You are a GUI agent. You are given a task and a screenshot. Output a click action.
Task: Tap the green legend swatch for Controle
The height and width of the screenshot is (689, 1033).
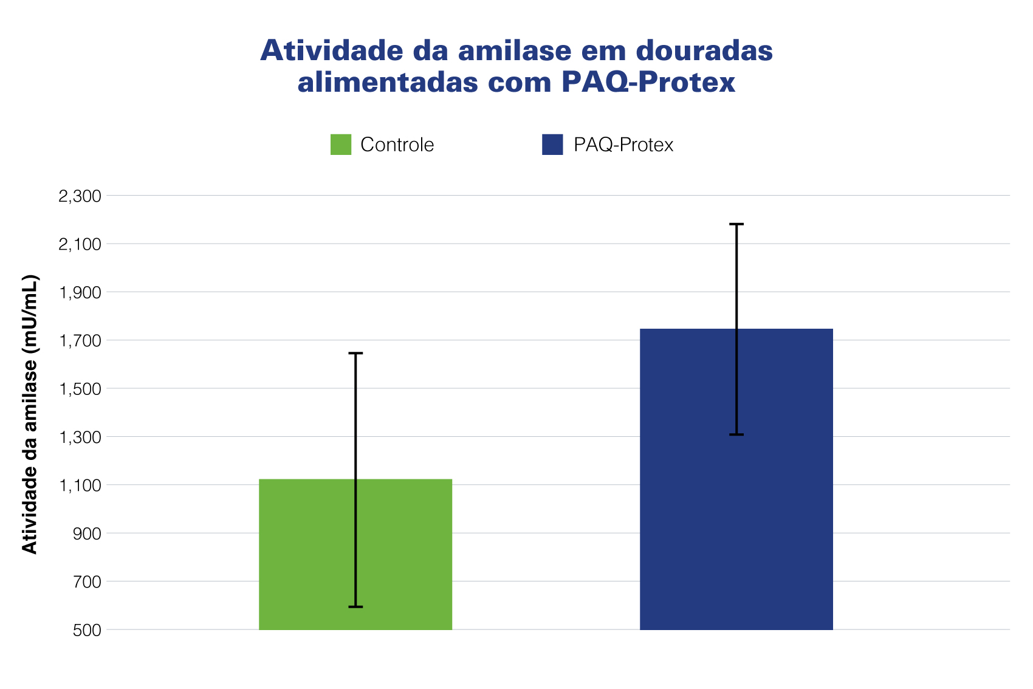coord(340,145)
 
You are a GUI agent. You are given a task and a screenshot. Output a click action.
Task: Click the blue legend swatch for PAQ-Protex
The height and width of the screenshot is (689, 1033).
coord(552,145)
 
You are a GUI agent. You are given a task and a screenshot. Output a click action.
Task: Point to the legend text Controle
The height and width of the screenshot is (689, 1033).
coord(397,145)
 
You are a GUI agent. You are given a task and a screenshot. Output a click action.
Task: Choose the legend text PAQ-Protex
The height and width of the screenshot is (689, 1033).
coord(623,145)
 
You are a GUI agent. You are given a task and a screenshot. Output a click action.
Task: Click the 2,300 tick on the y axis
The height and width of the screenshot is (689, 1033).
coord(79,196)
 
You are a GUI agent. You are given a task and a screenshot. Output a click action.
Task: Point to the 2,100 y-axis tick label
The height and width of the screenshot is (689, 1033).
coord(79,244)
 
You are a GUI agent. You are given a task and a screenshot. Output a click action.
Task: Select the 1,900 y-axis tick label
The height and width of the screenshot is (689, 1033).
coord(79,292)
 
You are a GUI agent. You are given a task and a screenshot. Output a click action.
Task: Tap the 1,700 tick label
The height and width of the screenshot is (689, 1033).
coord(79,340)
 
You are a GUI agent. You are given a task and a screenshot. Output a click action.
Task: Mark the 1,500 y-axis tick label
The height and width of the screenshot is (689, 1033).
coord(79,389)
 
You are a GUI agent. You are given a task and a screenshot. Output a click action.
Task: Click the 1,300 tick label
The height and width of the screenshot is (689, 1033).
coord(79,437)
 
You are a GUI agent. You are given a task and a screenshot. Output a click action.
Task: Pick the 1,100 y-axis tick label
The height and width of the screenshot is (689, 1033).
coord(79,485)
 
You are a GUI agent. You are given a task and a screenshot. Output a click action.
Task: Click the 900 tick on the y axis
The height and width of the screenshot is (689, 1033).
coord(87,533)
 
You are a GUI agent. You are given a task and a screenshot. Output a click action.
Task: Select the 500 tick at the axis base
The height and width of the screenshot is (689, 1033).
coord(87,630)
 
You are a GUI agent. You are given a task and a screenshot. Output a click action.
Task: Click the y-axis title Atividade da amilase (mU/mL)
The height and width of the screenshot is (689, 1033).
coord(30,414)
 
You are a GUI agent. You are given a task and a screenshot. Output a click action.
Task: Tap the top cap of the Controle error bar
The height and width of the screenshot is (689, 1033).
coord(355,353)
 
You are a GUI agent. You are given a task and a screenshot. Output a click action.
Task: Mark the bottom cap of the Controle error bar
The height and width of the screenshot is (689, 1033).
coord(355,606)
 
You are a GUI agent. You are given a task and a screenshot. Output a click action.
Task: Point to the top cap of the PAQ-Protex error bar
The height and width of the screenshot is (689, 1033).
coord(736,224)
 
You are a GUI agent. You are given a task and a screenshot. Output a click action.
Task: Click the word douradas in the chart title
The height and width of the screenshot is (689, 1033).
coord(704,50)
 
